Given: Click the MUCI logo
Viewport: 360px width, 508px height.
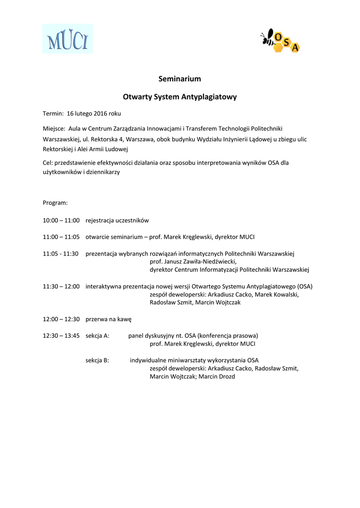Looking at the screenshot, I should (x=68, y=39).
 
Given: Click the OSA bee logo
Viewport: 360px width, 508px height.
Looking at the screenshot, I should (x=281, y=41).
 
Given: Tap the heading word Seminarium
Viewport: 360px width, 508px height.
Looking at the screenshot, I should (x=180, y=79).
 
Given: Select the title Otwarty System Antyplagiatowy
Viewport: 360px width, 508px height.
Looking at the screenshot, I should (x=180, y=97).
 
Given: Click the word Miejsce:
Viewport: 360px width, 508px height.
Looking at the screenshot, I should (x=54, y=128).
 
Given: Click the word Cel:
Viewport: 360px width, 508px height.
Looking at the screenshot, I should (x=48, y=163).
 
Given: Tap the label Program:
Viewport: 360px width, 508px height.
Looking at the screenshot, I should (x=55, y=203).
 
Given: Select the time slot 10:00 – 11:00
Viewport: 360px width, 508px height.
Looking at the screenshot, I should (x=61, y=220).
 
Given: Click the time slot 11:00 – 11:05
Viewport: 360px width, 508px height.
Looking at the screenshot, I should (x=61, y=237).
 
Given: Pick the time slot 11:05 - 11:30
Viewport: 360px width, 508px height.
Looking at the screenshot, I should (x=61, y=254).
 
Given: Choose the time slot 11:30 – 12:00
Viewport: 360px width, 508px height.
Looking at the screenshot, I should (x=61, y=286).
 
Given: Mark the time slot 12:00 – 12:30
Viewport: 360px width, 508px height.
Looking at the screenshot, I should (x=61, y=319).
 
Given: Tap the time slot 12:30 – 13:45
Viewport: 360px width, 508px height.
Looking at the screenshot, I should (x=61, y=336).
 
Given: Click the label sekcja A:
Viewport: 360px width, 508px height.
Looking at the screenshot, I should (x=97, y=336).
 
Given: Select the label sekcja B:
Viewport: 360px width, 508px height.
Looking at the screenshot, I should (x=97, y=361).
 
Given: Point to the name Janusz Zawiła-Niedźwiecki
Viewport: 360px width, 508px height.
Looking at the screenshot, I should (x=200, y=262).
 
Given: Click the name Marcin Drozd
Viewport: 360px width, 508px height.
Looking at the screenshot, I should (x=217, y=377).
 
